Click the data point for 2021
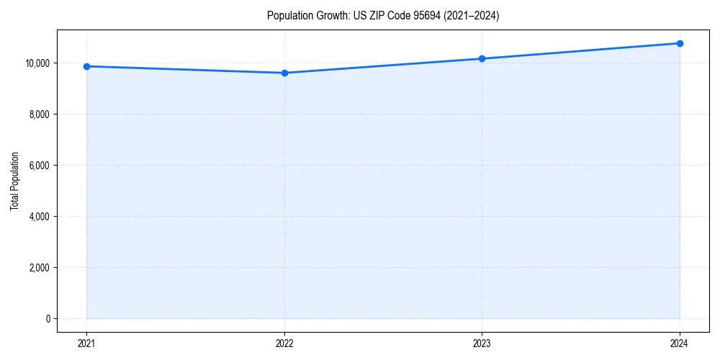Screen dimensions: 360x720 pos(86,66)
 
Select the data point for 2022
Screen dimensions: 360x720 pos(284,73)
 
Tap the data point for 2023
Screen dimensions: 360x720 pos(482,58)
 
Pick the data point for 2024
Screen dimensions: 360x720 pos(680,43)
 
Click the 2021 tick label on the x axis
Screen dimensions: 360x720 pos(86,343)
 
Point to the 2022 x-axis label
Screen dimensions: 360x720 pos(284,343)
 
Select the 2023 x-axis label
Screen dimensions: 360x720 pos(482,343)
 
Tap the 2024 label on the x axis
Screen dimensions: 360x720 pos(680,343)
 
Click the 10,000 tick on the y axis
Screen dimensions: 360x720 pos(37,63)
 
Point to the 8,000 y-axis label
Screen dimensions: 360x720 pos(39,114)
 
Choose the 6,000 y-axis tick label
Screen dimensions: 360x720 pos(39,166)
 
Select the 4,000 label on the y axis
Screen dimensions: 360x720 pos(39,217)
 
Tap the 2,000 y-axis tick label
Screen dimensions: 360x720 pos(39,268)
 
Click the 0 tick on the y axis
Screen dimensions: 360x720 pos(48,319)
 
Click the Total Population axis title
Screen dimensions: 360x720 pos(14,181)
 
